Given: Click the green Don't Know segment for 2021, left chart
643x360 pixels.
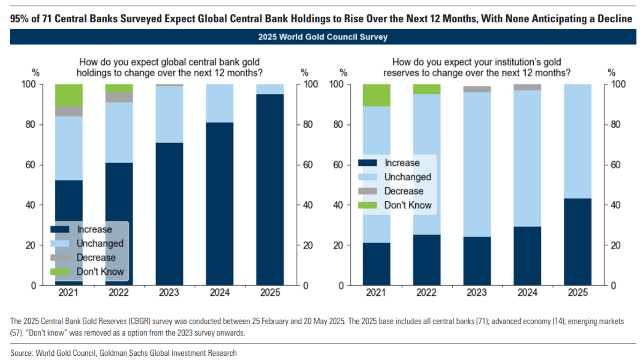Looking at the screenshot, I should (x=69, y=95).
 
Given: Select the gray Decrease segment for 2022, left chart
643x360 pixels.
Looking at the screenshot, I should (x=119, y=97).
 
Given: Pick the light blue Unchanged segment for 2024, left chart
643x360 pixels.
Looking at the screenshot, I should (x=219, y=103).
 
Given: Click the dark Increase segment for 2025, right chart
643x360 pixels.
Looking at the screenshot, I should (x=577, y=242).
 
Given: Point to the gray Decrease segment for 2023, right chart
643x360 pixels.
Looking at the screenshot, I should (x=477, y=89).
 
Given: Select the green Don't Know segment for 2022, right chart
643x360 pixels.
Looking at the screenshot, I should (x=427, y=89).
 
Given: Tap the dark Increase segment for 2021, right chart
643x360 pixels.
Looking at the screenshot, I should (x=376, y=264).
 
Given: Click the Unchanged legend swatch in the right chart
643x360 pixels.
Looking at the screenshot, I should (x=367, y=177).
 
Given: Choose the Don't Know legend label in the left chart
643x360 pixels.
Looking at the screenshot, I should (x=100, y=272).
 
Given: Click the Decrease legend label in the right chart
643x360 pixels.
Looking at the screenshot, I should (x=403, y=191).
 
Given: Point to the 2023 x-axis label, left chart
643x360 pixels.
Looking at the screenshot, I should (x=169, y=293).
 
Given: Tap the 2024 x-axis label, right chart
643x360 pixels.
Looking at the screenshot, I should (x=527, y=293).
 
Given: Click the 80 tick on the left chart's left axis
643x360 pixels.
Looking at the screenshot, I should (x=30, y=125).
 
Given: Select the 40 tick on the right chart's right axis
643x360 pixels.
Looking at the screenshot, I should (x=615, y=205).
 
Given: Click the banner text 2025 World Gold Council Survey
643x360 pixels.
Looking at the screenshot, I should (x=322, y=37).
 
